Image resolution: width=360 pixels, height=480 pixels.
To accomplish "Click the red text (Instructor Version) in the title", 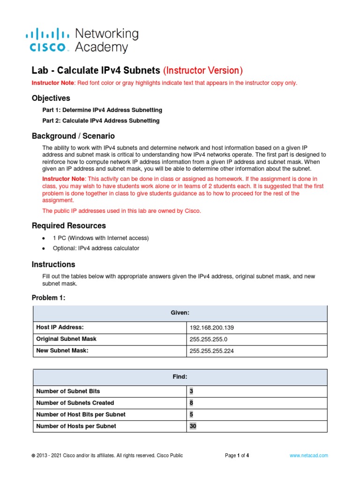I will [x=202, y=71].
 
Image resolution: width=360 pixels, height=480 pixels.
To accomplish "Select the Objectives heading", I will [x=51, y=98].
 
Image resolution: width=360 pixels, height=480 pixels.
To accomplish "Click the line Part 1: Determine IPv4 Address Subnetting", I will [x=102, y=110].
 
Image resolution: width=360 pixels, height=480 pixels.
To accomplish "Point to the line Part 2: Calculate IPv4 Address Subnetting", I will [x=101, y=121].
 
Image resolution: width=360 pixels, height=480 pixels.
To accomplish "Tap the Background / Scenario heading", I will [x=73, y=136].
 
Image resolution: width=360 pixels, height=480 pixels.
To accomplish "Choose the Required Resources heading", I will [x=68, y=225].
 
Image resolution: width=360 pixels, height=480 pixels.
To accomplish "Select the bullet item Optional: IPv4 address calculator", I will [x=96, y=248].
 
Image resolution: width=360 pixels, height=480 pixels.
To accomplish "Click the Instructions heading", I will [x=53, y=264].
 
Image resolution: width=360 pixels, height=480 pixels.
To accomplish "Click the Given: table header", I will [x=180, y=313].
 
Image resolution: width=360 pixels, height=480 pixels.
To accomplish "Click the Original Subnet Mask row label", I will [x=66, y=339].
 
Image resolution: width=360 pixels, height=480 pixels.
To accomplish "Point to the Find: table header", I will [x=180, y=377].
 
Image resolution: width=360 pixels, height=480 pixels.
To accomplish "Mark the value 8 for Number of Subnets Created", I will [x=191, y=403].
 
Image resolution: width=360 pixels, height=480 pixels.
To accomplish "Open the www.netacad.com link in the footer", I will [x=308, y=455].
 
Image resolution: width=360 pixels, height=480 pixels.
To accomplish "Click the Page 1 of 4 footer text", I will [x=237, y=455].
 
